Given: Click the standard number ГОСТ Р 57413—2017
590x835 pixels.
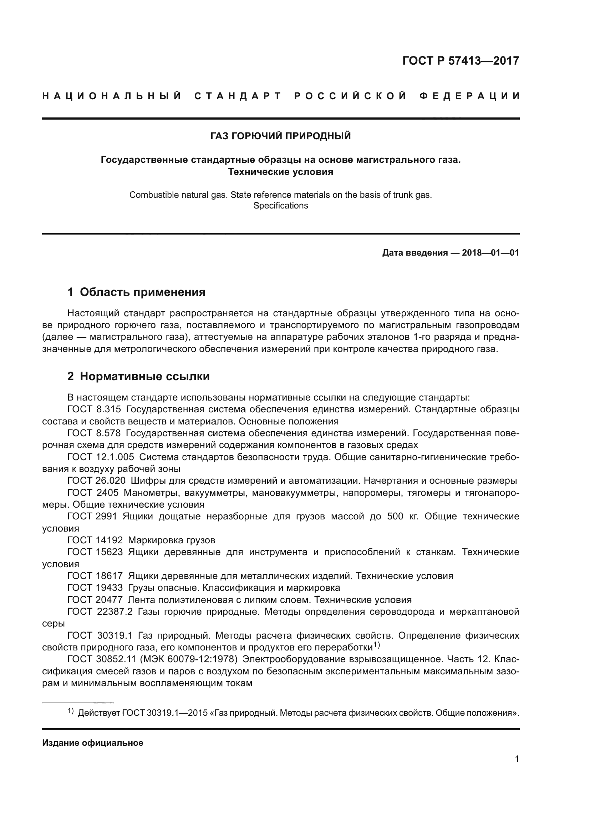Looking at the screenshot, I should (461, 61).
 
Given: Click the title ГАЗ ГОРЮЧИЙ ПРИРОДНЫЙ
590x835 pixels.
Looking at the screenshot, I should (280, 136).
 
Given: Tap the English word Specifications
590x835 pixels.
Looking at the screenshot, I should (280, 206).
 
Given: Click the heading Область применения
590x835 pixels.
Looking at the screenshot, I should (142, 292).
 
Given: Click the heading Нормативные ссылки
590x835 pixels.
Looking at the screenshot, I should (144, 376).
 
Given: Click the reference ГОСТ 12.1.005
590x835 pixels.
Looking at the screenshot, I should (101, 457).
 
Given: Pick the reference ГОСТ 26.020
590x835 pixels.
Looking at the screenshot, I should (97, 481).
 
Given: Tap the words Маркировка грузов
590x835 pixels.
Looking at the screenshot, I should (172, 540).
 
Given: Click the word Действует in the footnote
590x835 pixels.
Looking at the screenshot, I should (99, 713).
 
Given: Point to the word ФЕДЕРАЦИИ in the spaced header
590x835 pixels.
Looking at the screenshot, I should (469, 96).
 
